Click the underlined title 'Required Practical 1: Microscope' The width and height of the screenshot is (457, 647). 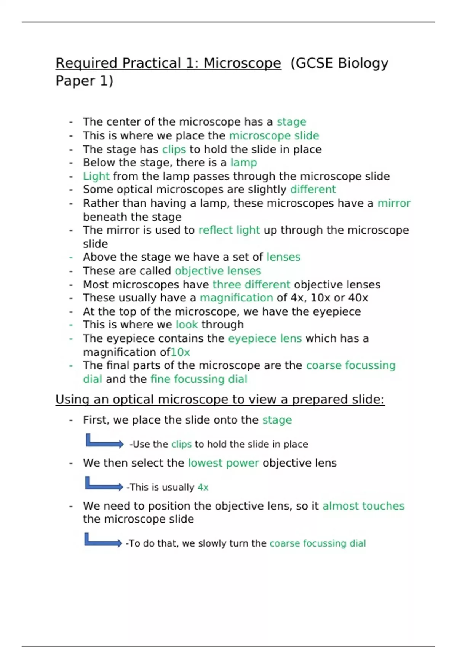tap(168, 63)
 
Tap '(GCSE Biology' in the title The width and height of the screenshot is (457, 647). tap(339, 63)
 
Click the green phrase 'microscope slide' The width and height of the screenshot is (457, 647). tap(274, 135)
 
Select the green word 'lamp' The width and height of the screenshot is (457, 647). tap(243, 163)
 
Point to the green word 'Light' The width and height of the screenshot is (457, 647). tap(96, 176)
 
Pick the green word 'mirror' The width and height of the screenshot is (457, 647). tap(394, 203)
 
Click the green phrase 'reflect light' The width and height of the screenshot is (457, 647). tap(229, 230)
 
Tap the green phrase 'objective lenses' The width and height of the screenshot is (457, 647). tap(218, 271)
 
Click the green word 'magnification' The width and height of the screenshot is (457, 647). tap(236, 298)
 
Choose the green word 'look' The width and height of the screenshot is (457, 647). tap(187, 325)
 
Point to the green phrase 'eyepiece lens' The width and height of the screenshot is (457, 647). tap(265, 338)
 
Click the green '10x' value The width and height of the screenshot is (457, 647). tap(180, 352)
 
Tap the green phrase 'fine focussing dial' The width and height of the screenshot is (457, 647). tap(199, 379)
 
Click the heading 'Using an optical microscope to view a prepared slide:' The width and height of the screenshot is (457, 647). tap(220, 400)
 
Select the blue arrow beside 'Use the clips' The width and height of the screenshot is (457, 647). tap(104, 441)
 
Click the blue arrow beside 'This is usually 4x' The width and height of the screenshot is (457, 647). tap(103, 484)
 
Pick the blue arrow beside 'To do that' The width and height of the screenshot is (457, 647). tap(102, 540)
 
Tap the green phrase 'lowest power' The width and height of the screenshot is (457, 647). tap(223, 463)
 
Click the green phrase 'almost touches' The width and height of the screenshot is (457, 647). tap(363, 506)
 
